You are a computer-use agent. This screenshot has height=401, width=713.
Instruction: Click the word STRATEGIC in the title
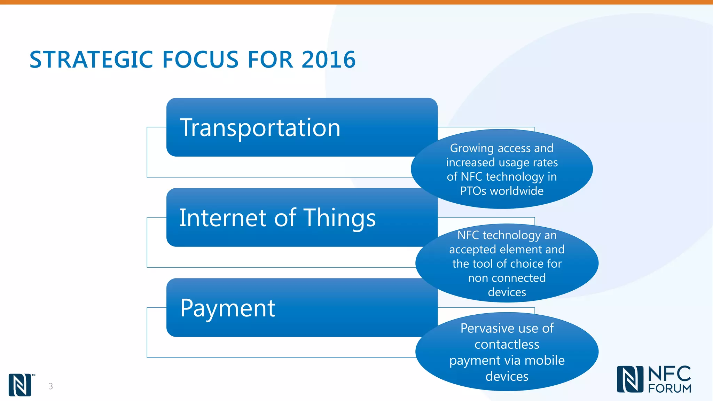[91, 60]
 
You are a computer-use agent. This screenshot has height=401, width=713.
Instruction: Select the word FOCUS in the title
[201, 60]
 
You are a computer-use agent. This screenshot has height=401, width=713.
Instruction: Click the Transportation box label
[260, 128]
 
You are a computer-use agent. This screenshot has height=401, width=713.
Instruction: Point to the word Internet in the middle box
[223, 218]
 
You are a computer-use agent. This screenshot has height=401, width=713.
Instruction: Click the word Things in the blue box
[340, 218]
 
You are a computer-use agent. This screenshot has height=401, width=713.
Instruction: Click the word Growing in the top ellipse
[471, 148]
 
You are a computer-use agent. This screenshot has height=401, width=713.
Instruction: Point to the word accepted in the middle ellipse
[472, 250]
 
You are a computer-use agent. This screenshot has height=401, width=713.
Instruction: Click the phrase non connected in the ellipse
[507, 278]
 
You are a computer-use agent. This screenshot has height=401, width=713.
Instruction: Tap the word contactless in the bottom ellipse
[507, 344]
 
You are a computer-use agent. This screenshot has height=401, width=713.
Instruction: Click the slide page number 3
[51, 386]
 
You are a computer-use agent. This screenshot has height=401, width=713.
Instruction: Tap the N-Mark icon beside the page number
[20, 385]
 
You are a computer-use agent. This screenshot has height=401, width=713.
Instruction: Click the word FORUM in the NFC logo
[669, 388]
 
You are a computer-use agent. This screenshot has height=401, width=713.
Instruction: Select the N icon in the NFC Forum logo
[630, 379]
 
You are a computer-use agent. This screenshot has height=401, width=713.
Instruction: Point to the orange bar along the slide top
[356, 2]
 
